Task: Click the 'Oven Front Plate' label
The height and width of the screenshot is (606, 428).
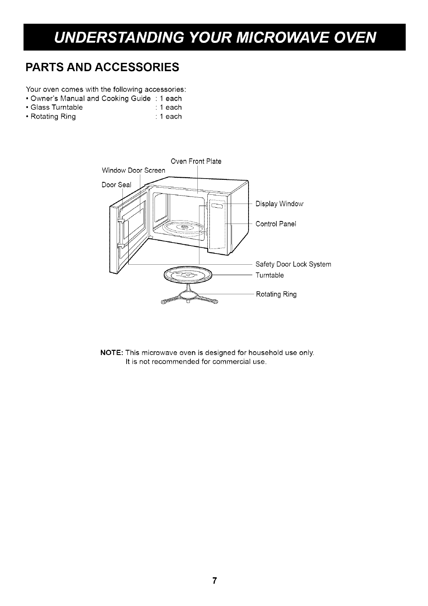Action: pyautogui.click(x=196, y=161)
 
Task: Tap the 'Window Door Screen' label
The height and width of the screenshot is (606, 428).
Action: pyautogui.click(x=133, y=171)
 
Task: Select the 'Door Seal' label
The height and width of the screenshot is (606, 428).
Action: pyautogui.click(x=116, y=185)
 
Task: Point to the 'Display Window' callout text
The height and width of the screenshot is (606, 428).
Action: pyautogui.click(x=279, y=204)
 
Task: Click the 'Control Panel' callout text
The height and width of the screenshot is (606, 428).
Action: pyautogui.click(x=276, y=224)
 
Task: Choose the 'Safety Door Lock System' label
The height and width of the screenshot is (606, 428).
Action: pyautogui.click(x=293, y=264)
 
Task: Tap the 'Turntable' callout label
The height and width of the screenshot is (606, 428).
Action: pyautogui.click(x=269, y=275)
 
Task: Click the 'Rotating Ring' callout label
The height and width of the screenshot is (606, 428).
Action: pyautogui.click(x=276, y=295)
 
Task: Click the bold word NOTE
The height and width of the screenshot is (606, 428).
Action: pyautogui.click(x=111, y=353)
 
